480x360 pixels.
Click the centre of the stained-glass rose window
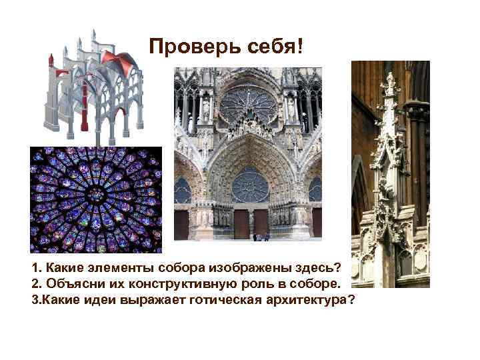(x=96, y=195)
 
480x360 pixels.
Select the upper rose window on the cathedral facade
(x=248, y=103)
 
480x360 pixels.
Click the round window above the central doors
(x=250, y=185)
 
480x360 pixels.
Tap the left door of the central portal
(x=241, y=223)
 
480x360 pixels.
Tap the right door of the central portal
(x=261, y=223)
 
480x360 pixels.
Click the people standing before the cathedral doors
(x=261, y=236)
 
